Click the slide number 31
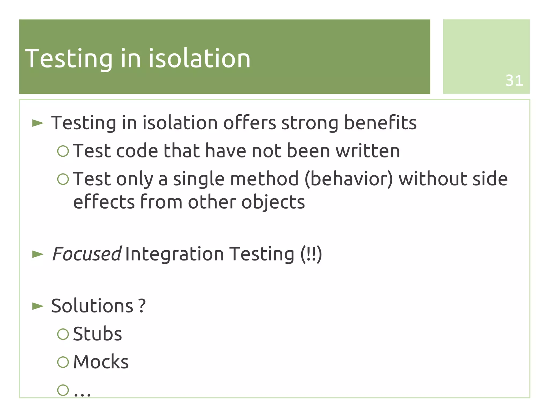[x=514, y=80]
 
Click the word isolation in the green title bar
[x=199, y=58]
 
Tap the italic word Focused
[x=86, y=254]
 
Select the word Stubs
[x=97, y=334]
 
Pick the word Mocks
[x=101, y=362]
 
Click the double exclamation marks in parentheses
[x=311, y=254]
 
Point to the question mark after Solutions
[x=142, y=306]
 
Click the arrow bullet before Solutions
[x=38, y=306]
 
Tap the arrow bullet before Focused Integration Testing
[x=38, y=254]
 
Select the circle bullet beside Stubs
[x=63, y=334]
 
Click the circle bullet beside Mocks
[x=63, y=362]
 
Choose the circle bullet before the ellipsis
[x=63, y=390]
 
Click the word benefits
[x=380, y=123]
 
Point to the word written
[x=368, y=151]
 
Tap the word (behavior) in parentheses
[x=348, y=179]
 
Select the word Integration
[x=174, y=254]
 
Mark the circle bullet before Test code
[x=63, y=151]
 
